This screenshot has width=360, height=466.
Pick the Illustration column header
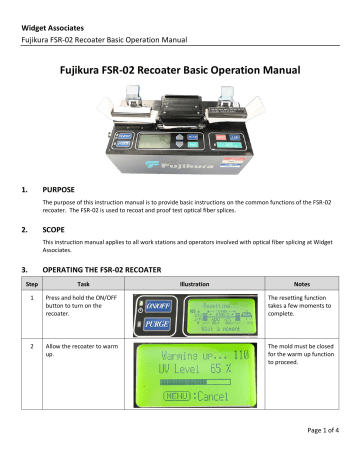click(x=195, y=284)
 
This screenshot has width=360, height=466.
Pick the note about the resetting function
click(x=304, y=312)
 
